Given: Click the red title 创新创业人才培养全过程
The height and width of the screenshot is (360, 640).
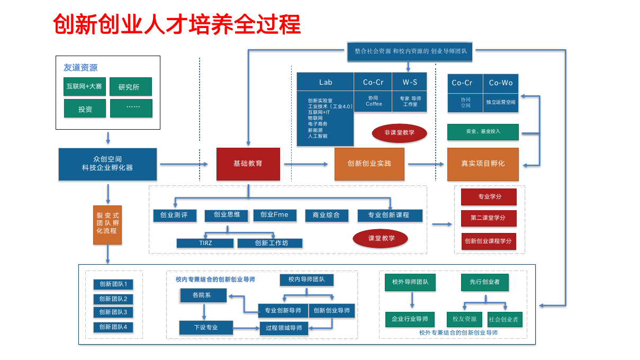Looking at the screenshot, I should (x=177, y=24).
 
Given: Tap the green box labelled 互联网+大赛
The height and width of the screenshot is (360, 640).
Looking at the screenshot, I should (x=84, y=86).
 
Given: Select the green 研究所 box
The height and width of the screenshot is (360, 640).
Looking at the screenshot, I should (x=130, y=87).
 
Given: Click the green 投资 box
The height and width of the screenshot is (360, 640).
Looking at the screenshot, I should (x=85, y=109).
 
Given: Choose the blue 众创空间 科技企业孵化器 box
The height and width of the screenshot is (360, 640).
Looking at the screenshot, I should (x=107, y=164).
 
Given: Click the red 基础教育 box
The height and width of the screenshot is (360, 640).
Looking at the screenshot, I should (x=248, y=164).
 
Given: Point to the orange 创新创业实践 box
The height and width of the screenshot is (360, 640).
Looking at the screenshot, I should (x=369, y=164).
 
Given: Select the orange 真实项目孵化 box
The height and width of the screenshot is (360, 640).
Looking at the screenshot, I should (x=482, y=164).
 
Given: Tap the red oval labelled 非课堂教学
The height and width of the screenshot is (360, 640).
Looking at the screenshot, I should (x=399, y=132).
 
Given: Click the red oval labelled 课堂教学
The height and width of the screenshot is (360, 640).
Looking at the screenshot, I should (x=381, y=238).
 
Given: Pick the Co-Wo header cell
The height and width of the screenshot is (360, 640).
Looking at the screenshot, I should (x=500, y=83).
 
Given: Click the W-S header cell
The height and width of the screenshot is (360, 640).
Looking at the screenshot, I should (x=409, y=82).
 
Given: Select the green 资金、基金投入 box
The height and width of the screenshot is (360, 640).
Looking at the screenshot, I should (x=482, y=131).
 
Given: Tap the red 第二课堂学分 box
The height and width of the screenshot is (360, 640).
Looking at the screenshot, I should (x=488, y=218).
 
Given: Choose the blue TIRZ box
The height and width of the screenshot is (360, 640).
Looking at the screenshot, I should (x=205, y=243).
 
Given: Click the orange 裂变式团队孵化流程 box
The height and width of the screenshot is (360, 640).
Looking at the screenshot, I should (x=107, y=224).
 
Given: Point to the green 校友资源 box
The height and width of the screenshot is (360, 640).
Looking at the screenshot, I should (x=464, y=319).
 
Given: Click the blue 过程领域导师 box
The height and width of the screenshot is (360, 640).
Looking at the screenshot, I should (x=283, y=328).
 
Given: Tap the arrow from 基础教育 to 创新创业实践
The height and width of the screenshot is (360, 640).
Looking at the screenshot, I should (x=307, y=164).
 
